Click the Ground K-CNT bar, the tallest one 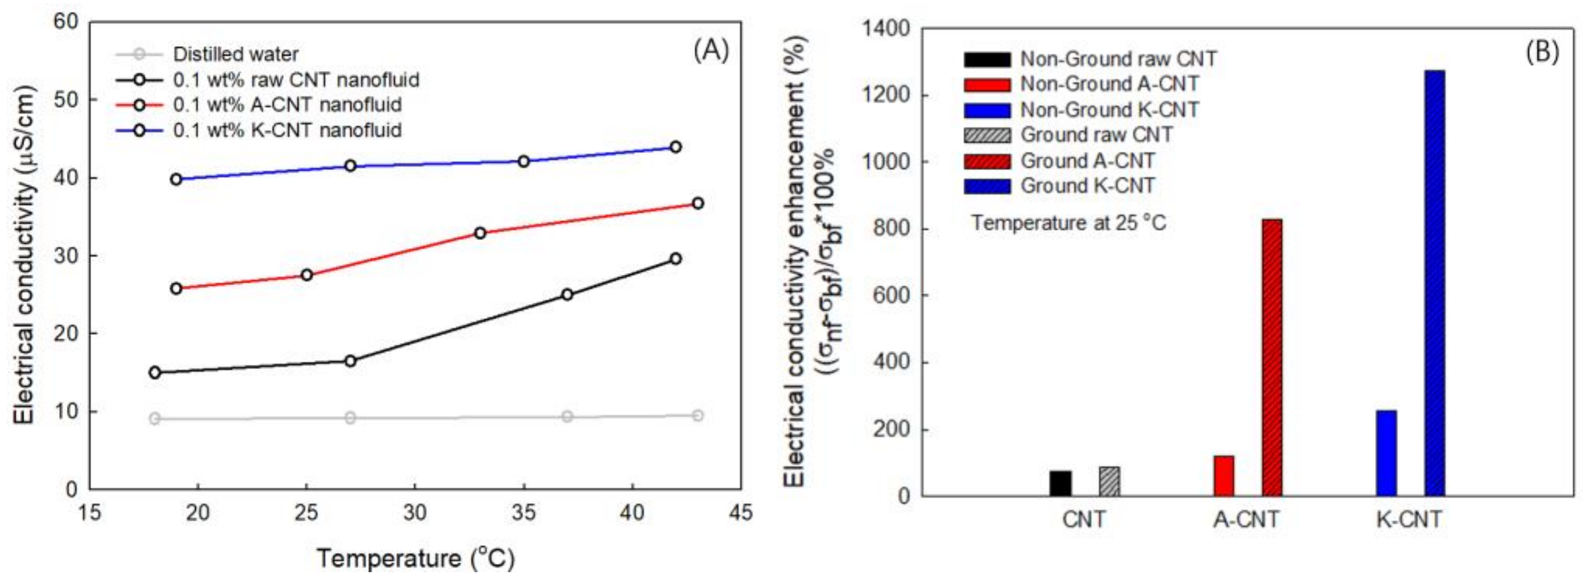[x=1434, y=283]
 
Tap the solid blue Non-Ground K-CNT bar [x=1386, y=453]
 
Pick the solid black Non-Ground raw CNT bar [x=1060, y=483]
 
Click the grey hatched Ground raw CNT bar [x=1109, y=482]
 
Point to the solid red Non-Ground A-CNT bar [x=1223, y=476]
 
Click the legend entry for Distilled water [x=235, y=54]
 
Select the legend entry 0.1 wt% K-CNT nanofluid [x=287, y=130]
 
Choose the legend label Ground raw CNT [x=1096, y=135]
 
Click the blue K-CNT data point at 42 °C [x=676, y=147]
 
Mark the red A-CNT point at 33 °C [x=480, y=233]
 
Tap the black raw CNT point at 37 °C [x=567, y=295]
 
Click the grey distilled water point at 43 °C [x=697, y=415]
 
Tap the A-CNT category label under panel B [x=1246, y=520]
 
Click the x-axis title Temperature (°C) [x=415, y=559]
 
